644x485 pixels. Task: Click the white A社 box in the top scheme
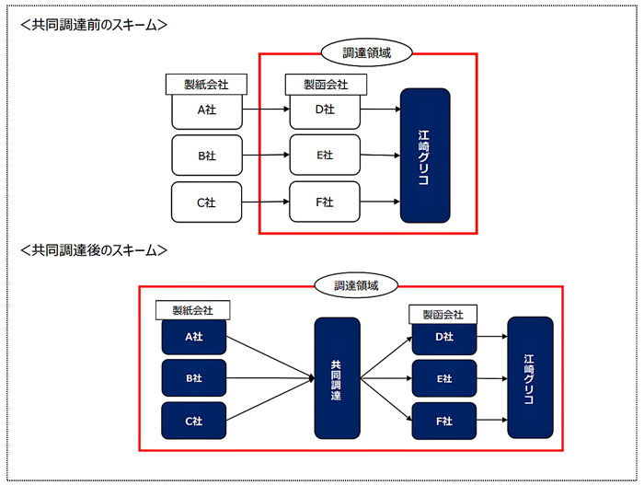(x=207, y=111)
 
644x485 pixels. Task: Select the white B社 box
(x=207, y=156)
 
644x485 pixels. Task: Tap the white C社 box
(x=207, y=202)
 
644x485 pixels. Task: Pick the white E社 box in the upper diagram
(x=325, y=155)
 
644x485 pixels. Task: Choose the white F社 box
(x=325, y=202)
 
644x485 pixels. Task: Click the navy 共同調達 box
(x=338, y=378)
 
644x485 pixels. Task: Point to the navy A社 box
(x=194, y=337)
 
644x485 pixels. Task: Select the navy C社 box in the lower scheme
(x=194, y=421)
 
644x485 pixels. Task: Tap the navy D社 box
(x=444, y=338)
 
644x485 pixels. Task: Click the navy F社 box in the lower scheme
(x=444, y=421)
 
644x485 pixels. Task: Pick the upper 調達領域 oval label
(x=366, y=52)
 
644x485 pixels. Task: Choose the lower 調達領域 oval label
(x=356, y=285)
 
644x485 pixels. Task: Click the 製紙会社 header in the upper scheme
(x=206, y=85)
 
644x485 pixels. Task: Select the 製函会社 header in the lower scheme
(x=443, y=315)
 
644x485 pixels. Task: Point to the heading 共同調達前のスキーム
(x=94, y=25)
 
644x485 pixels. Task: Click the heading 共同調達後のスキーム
(x=94, y=250)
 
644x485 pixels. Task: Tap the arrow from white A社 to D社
(x=266, y=110)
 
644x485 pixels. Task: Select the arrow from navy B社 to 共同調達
(x=270, y=378)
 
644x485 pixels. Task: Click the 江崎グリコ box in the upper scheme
(x=425, y=156)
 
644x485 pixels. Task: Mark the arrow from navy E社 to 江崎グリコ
(x=492, y=378)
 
